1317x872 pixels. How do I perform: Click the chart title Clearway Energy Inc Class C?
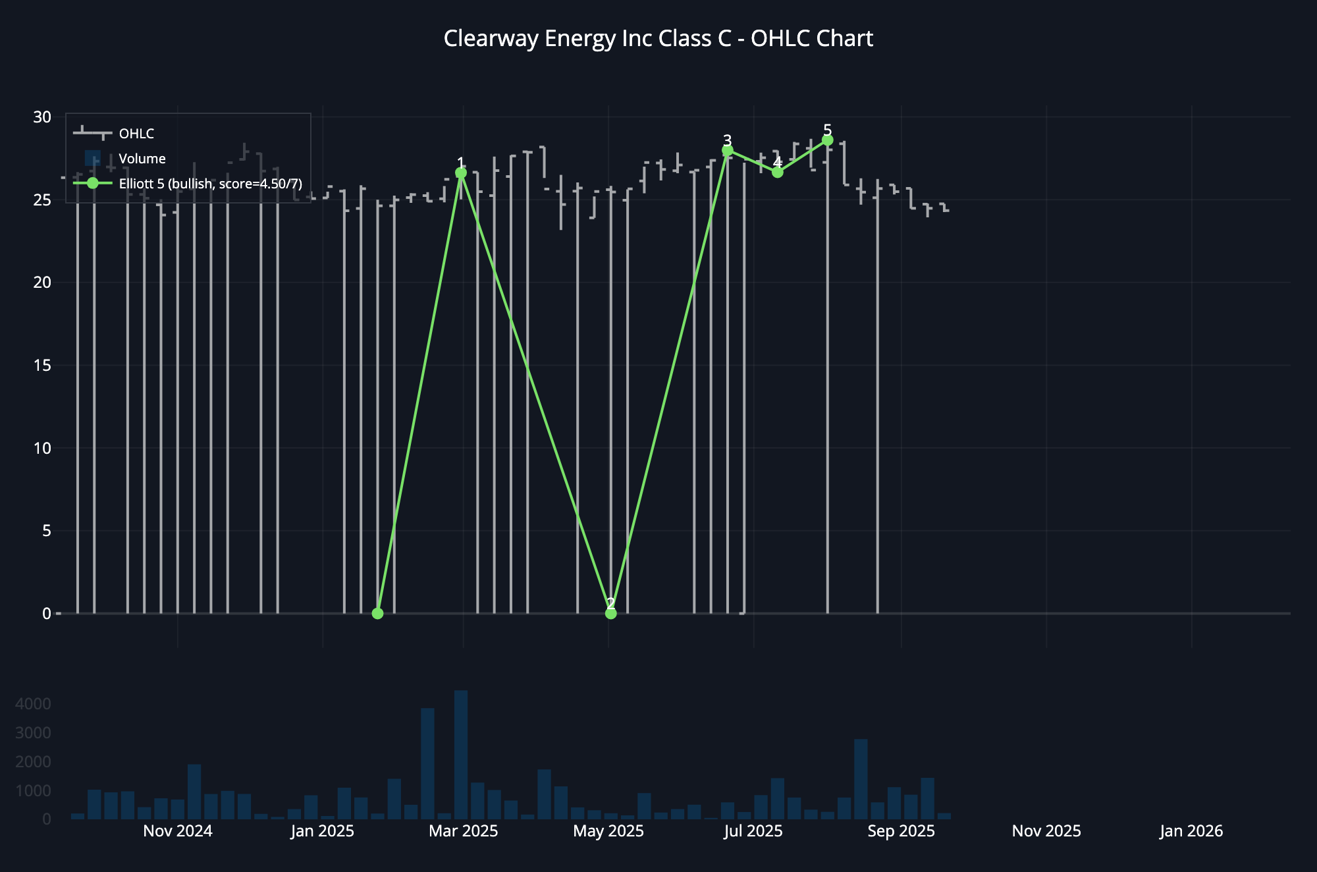658,39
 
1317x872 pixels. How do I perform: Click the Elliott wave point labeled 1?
461,173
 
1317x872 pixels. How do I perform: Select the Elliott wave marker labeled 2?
611,613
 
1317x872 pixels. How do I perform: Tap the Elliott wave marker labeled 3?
728,151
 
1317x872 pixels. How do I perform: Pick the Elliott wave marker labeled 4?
778,173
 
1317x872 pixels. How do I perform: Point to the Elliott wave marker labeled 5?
828,140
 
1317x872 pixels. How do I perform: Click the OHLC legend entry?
136,134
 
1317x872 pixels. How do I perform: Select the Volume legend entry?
142,159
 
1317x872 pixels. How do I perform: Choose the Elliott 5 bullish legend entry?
210,184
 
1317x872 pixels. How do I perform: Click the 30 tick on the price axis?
42,117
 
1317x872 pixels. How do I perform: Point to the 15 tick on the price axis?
42,366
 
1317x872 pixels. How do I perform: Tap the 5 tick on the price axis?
46,531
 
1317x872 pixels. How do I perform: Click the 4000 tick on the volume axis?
33,704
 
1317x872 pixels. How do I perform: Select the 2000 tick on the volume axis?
33,762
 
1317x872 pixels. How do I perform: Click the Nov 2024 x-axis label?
178,831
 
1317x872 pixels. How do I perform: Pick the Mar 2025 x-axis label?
464,831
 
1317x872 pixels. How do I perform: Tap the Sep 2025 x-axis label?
901,831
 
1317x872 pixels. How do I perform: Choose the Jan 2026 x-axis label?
1191,831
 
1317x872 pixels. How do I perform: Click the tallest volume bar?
461,754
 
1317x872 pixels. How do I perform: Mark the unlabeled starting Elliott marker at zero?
377,613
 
